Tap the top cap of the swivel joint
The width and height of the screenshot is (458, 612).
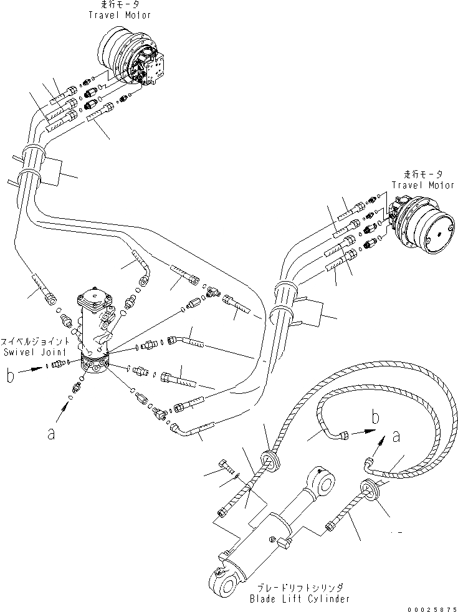coord(97,300)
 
